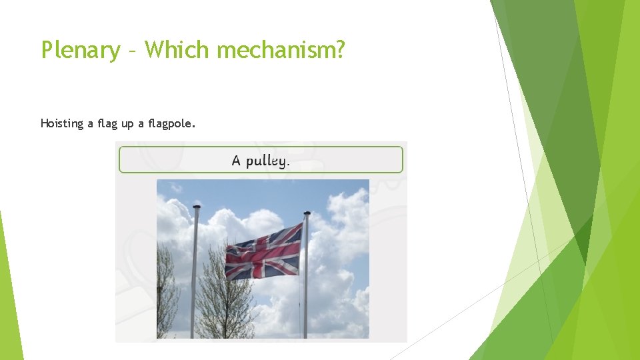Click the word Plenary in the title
80,49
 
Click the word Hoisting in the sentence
61,123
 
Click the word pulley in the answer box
265,161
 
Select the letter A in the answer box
236,160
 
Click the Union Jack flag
263,252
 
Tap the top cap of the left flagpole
197,208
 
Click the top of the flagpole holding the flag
307,214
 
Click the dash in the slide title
132,51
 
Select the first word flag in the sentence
108,123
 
